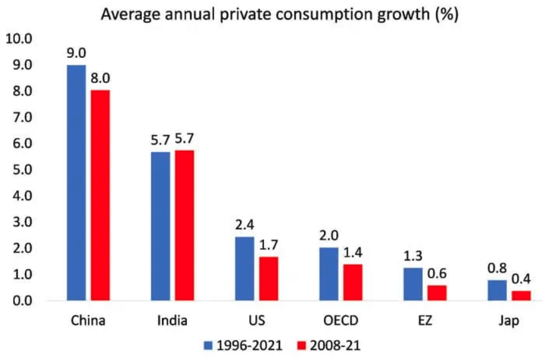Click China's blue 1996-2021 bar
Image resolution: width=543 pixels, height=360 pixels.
(x=76, y=182)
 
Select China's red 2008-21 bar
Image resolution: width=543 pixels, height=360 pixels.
(x=100, y=195)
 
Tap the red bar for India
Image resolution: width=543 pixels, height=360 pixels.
(x=184, y=225)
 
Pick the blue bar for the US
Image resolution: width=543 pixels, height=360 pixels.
(x=245, y=268)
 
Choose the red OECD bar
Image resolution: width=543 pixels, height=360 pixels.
(x=352, y=282)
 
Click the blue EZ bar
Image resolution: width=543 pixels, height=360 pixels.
(x=412, y=284)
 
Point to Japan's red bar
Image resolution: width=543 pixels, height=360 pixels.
(x=520, y=295)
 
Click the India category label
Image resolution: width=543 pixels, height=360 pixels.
(x=172, y=321)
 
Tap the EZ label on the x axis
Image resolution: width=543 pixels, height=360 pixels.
(x=425, y=321)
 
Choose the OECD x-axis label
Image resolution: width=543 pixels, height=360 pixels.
(x=340, y=321)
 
